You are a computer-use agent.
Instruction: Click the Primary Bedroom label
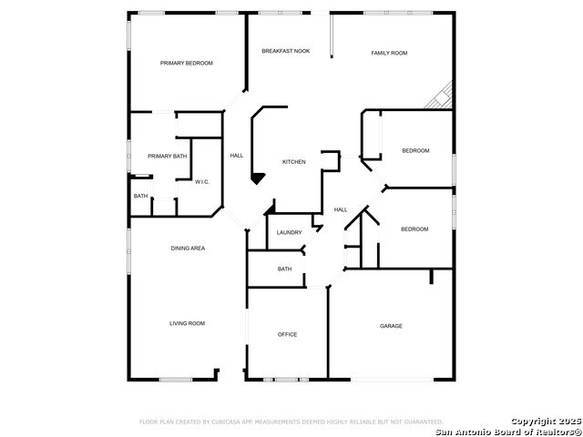click(186, 63)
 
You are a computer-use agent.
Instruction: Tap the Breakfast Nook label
click(285, 51)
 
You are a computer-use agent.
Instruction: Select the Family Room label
click(389, 53)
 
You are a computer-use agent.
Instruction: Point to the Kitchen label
click(293, 162)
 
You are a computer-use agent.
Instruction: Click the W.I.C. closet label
click(202, 182)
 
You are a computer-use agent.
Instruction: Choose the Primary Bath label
click(168, 157)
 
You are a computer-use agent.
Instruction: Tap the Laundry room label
click(290, 233)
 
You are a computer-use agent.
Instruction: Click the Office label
click(288, 335)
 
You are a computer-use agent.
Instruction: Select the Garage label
click(391, 326)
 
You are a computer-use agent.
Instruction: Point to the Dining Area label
click(188, 249)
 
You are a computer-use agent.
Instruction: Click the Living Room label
click(187, 324)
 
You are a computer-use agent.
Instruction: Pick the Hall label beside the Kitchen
click(237, 156)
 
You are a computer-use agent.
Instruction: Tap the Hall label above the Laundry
click(341, 210)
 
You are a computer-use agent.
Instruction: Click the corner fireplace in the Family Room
click(441, 97)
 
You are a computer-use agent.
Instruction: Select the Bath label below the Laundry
click(284, 269)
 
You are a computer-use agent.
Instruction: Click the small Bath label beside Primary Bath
click(140, 197)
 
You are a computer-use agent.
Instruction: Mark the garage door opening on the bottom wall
click(393, 380)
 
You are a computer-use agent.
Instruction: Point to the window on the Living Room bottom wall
click(176, 380)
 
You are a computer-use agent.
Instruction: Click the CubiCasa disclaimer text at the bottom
click(291, 422)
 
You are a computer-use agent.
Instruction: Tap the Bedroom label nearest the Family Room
click(415, 151)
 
